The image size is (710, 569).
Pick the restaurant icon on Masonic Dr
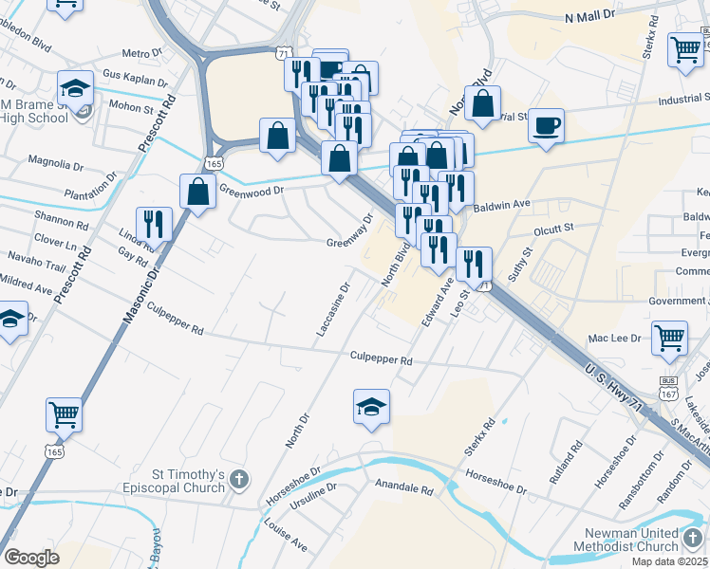pyautogui.click(x=153, y=224)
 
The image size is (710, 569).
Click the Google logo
pyautogui.click(x=31, y=558)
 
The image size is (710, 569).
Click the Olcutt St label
pyautogui.click(x=554, y=228)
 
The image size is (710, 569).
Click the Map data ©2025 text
pyautogui.click(x=669, y=561)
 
